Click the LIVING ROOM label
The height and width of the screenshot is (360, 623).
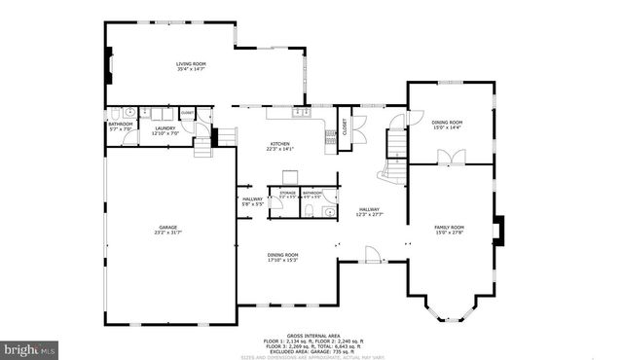pos(191,66)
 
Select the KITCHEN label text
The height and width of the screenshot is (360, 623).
pos(280,146)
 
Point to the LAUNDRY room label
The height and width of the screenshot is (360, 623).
pos(165,129)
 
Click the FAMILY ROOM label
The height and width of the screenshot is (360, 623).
pos(449,230)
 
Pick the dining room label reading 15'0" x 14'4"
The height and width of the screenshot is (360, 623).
pos(448,125)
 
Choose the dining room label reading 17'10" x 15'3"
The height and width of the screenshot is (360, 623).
pos(282,258)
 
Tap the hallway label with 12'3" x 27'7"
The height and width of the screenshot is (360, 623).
pos(369,211)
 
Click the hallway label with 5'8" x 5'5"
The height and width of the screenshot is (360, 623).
pos(252,201)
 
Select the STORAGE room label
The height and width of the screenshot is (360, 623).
pos(287,196)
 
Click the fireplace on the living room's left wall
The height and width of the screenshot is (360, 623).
pos(109,72)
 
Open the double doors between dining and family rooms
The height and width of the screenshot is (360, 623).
pos(449,157)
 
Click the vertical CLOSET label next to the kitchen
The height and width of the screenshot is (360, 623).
pos(343,126)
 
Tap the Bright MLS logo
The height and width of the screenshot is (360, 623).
pos(30,347)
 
